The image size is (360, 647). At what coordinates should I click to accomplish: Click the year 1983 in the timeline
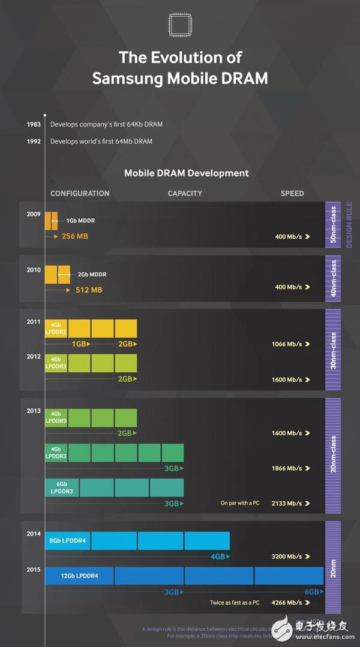[34, 124]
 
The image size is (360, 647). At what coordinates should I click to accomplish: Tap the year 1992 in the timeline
[34, 142]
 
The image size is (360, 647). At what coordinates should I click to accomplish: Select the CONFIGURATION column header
[80, 194]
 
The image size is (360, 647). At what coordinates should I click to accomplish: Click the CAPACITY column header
[185, 194]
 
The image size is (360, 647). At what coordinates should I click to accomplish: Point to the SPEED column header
[292, 194]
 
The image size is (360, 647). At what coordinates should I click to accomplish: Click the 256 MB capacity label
[74, 236]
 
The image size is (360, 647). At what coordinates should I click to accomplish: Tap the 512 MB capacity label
[88, 290]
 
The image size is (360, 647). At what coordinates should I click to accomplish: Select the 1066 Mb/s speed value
[286, 344]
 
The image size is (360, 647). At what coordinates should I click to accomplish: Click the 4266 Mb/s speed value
[286, 603]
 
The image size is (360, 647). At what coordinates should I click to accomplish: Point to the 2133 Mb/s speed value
[286, 504]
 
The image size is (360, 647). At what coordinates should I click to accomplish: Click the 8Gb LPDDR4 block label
[68, 541]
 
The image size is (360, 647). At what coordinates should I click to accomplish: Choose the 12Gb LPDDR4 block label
[79, 576]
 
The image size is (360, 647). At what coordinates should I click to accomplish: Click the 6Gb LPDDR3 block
[62, 487]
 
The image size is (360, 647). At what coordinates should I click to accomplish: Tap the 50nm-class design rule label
[333, 225]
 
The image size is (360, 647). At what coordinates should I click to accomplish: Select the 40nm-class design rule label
[333, 278]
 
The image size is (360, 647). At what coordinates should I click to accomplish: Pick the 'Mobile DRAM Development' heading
[186, 173]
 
